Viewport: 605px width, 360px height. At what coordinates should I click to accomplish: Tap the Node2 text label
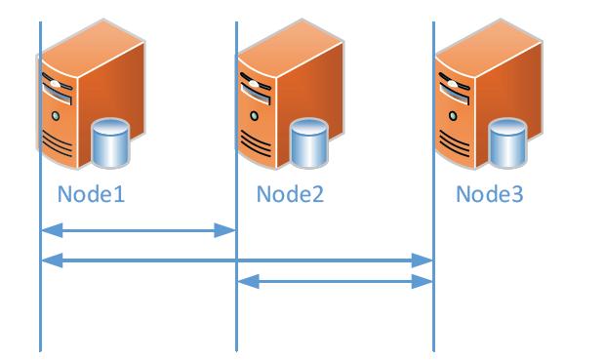(290, 194)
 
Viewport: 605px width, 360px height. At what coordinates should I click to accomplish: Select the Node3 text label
(489, 194)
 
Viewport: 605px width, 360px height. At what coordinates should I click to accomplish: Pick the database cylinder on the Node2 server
(308, 143)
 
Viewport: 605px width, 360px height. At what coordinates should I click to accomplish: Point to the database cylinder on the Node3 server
(506, 143)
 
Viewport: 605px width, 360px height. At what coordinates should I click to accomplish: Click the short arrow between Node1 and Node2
(138, 231)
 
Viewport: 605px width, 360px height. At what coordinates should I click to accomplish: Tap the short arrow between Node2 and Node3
(336, 282)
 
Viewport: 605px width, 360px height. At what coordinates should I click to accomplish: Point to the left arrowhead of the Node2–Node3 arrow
(248, 282)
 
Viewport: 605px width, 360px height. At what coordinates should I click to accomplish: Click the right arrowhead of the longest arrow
(423, 260)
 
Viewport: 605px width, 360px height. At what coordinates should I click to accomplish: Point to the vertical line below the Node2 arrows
(236, 322)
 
